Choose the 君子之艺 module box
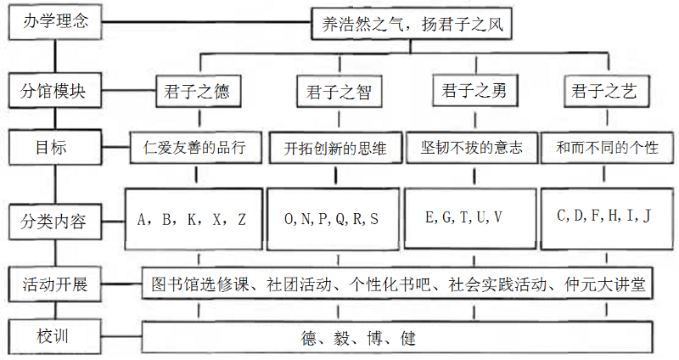(x=605, y=91)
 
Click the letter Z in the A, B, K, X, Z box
(x=243, y=219)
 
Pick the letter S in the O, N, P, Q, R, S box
(x=374, y=219)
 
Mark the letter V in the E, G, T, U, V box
(x=498, y=217)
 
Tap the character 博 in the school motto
(x=377, y=339)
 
